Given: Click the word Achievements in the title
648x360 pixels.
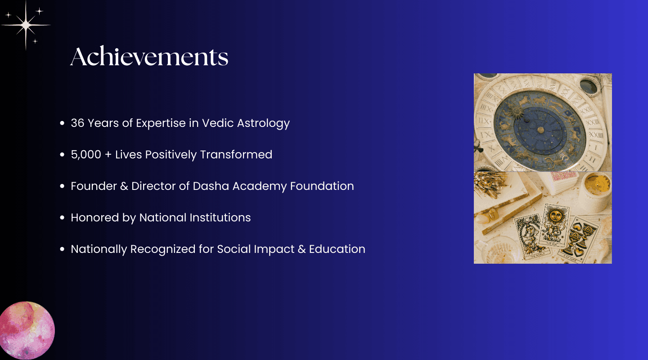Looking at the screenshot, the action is click(149, 56).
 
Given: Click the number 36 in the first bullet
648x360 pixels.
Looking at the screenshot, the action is click(77, 123).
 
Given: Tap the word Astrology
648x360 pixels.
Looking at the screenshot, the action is click(263, 124).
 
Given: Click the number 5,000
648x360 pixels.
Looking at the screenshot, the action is click(86, 154).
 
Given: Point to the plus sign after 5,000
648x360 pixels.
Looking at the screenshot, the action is click(108, 155).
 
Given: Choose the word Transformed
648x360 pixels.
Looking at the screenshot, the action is click(236, 154).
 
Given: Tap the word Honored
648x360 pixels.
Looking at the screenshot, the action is click(94, 218).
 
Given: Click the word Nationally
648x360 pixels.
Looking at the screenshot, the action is click(99, 249).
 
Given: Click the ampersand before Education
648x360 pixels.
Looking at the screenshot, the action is click(301, 249).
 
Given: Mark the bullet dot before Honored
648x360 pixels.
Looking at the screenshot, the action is click(62, 218).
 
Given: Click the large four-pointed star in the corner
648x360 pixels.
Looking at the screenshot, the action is click(26, 25).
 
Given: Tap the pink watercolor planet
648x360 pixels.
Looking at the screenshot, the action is click(27, 330).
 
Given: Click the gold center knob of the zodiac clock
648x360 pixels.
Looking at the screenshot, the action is click(540, 130).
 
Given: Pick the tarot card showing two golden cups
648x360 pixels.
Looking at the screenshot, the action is click(579, 241).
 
